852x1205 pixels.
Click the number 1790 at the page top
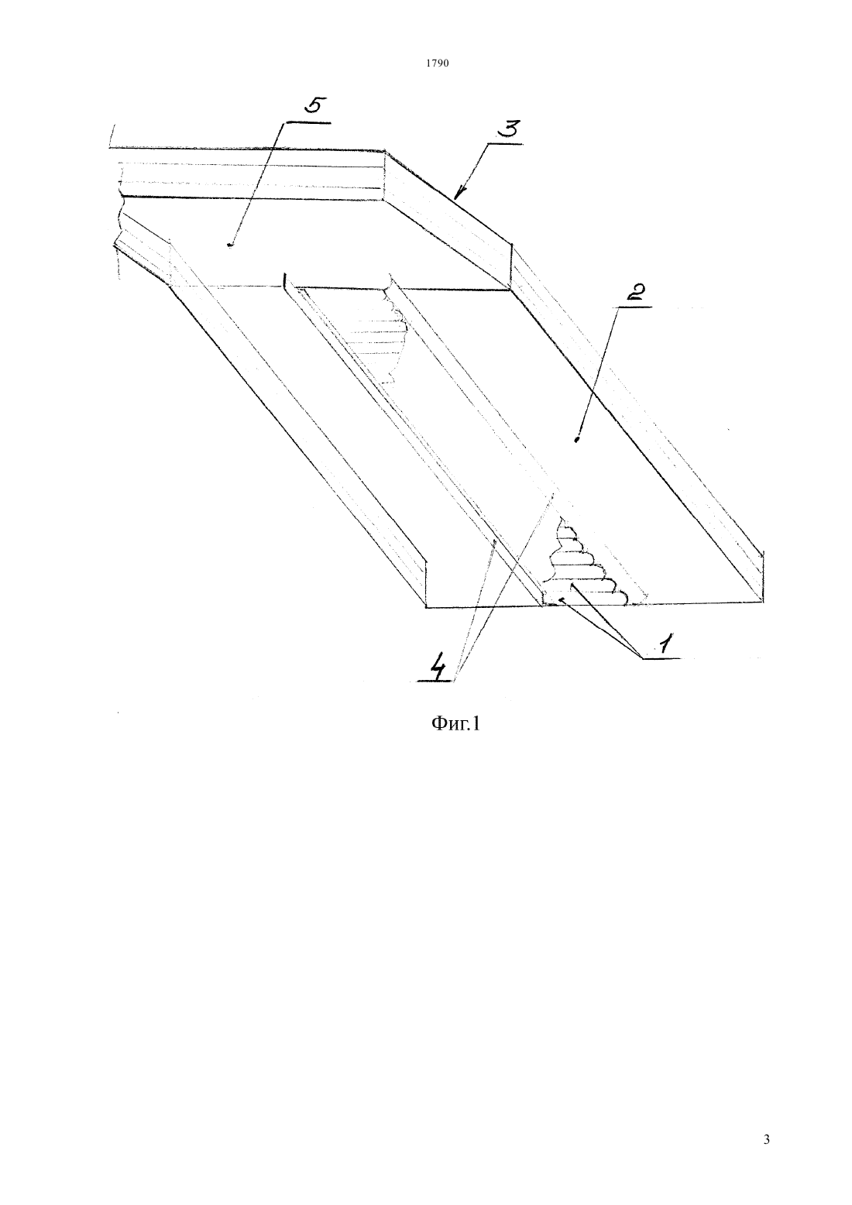pyautogui.click(x=437, y=64)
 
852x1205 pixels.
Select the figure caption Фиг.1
pyautogui.click(x=455, y=725)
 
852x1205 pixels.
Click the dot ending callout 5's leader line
pyautogui.click(x=230, y=245)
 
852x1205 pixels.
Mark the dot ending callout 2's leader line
pyautogui.click(x=576, y=441)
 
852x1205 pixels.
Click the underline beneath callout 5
pyautogui.click(x=307, y=122)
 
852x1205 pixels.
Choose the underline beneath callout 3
pyautogui.click(x=504, y=143)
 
